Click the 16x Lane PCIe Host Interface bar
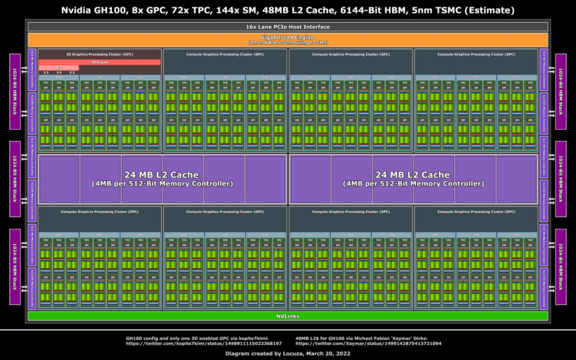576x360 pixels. [x=287, y=27]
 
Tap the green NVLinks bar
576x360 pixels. [x=287, y=316]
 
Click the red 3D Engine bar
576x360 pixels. [x=99, y=62]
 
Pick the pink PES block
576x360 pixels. [x=59, y=68]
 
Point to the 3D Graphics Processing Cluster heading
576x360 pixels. [x=99, y=54]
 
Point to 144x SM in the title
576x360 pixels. [x=233, y=10]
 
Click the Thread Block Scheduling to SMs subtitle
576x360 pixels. [x=287, y=43]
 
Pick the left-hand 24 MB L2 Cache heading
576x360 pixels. [x=161, y=174]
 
